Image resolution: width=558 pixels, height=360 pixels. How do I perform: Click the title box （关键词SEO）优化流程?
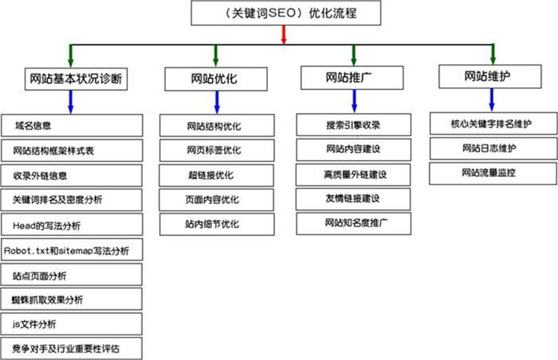point(286,13)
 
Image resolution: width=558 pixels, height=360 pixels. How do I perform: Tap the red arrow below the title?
point(283,34)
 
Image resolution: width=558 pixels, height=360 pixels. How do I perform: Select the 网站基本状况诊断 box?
point(76,79)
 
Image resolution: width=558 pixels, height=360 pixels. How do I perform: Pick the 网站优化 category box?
point(216,79)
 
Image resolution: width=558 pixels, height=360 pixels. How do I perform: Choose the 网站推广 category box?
point(352,77)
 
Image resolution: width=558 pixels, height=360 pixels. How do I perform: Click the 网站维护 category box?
point(490,76)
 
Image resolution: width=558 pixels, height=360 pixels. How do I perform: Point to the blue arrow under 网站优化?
point(217,103)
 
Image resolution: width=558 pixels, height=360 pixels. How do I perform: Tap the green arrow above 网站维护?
point(493,54)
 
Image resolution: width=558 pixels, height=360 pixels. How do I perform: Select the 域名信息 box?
point(72,126)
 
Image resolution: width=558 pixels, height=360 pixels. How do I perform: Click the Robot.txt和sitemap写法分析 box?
point(72,250)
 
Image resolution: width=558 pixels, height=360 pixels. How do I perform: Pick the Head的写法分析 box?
point(72,225)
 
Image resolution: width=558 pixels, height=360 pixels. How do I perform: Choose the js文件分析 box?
point(71,324)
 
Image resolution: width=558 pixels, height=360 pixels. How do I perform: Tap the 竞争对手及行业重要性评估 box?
point(71,348)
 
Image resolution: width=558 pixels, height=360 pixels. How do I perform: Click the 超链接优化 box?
point(217,176)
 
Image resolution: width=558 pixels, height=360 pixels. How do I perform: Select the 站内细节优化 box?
point(217,224)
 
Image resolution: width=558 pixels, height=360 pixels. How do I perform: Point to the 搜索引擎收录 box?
point(353,125)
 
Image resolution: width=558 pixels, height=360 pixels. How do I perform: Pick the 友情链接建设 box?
point(353,199)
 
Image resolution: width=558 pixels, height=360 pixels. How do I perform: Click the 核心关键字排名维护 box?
point(493,123)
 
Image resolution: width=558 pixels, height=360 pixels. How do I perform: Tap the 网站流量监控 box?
point(493,173)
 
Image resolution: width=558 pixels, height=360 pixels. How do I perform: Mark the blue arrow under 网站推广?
point(354,101)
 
